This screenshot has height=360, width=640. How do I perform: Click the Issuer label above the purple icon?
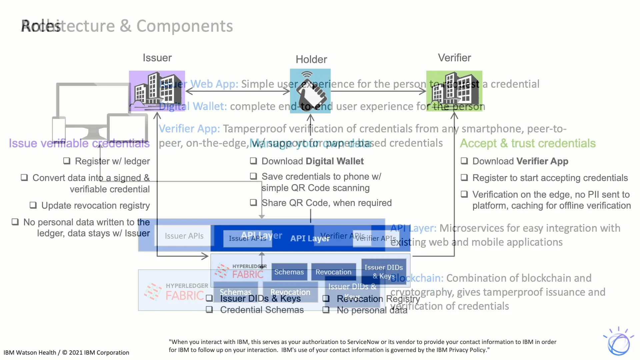(x=157, y=58)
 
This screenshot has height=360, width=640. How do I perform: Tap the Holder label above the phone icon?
(x=311, y=59)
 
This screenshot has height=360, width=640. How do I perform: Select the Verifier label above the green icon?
(x=454, y=58)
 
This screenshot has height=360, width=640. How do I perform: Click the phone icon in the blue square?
(x=310, y=91)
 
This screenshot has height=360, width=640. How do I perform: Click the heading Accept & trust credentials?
(x=528, y=143)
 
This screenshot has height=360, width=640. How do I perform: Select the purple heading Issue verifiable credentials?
(x=79, y=143)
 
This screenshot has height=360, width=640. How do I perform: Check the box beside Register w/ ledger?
(x=67, y=161)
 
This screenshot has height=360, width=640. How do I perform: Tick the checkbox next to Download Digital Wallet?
(x=254, y=161)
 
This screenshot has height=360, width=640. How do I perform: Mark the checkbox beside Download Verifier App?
(x=464, y=161)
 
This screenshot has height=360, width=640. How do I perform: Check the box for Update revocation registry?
(x=33, y=205)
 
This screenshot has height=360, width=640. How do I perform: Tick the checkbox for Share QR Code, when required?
(x=254, y=203)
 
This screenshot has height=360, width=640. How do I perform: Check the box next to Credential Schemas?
(x=209, y=310)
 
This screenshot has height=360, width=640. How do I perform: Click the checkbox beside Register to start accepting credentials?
(x=464, y=178)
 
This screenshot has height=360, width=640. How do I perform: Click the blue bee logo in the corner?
(x=618, y=342)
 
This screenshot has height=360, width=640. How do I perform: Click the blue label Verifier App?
(x=189, y=129)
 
